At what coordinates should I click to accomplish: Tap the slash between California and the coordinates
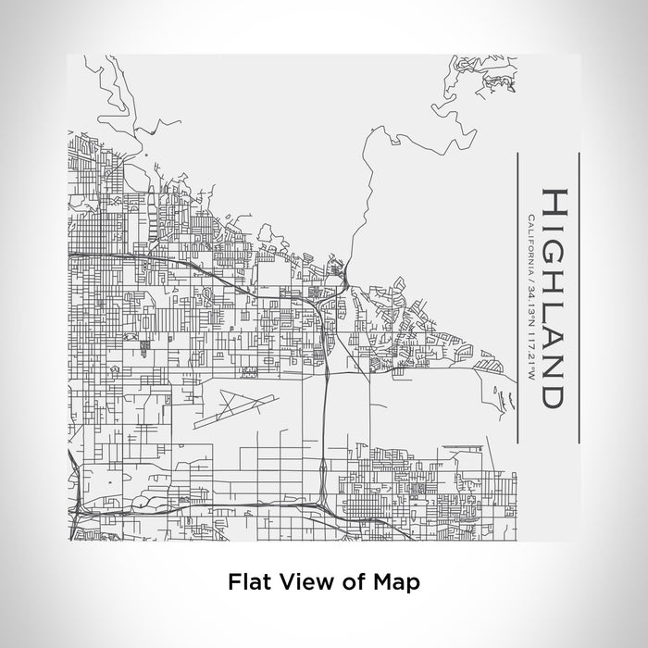(x=529, y=279)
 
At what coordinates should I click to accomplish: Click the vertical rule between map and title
(x=516, y=296)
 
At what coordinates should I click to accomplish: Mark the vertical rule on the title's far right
(x=579, y=296)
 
